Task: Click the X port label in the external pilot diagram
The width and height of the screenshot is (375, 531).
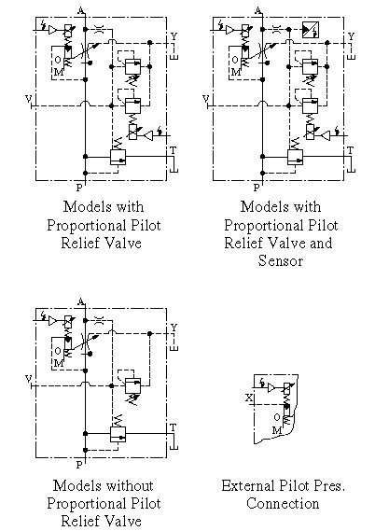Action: pos(249,398)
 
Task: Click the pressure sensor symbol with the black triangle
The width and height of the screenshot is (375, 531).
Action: pos(311,30)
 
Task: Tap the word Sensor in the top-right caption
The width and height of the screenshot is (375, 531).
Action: pos(280,260)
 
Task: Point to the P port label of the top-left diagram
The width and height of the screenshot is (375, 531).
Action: pos(79,188)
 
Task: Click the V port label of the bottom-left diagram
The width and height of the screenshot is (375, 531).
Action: pos(28,379)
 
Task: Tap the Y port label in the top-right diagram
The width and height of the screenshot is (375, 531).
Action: pos(351,36)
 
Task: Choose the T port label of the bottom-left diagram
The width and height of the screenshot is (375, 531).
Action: pos(173,427)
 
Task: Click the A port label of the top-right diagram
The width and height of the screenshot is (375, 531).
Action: pos(258,10)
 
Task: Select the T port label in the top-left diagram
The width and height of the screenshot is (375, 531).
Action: pos(173,150)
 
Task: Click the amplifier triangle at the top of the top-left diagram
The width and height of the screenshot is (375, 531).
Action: pos(52,30)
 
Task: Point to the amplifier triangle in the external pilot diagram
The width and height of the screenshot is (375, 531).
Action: pos(271,388)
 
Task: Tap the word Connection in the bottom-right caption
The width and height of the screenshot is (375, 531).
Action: pos(283,503)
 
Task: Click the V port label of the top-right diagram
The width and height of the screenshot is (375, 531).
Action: pos(206,99)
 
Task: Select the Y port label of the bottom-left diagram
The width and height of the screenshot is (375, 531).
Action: pos(174,328)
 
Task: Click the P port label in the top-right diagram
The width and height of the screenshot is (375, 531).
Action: pos(257,188)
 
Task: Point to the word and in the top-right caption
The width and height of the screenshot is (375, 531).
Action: pos(321,244)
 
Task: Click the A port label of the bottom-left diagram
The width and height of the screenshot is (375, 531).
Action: pos(81,301)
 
